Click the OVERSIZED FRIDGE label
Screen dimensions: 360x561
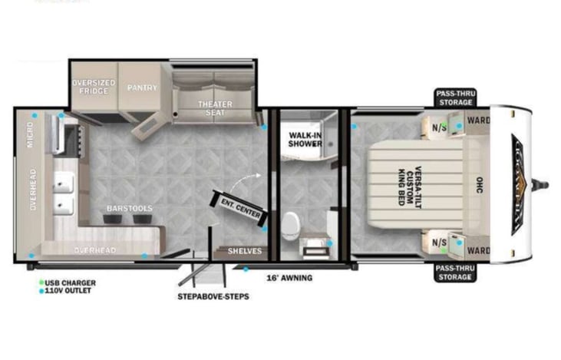[x=94, y=87]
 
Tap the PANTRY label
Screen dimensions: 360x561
[x=142, y=88]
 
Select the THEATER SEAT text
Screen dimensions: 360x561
[x=215, y=108]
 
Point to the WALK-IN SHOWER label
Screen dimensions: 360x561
[x=305, y=139]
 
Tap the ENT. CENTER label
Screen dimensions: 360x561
[x=240, y=205]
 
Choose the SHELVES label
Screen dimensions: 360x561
[x=245, y=251]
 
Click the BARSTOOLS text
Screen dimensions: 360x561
[x=129, y=208]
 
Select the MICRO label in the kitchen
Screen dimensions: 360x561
[x=31, y=139]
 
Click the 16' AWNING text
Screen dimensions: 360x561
[x=289, y=277]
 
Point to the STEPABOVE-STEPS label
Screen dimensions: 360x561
[x=213, y=296]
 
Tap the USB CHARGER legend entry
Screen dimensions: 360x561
[x=68, y=282]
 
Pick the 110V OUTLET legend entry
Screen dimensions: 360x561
[x=68, y=290]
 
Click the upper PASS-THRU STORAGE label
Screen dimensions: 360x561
[x=456, y=97]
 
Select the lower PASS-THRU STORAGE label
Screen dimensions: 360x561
[x=456, y=272]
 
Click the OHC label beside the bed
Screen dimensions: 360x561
[x=479, y=184]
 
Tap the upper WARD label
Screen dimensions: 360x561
[x=477, y=120]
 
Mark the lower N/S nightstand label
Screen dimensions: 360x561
[x=438, y=243]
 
